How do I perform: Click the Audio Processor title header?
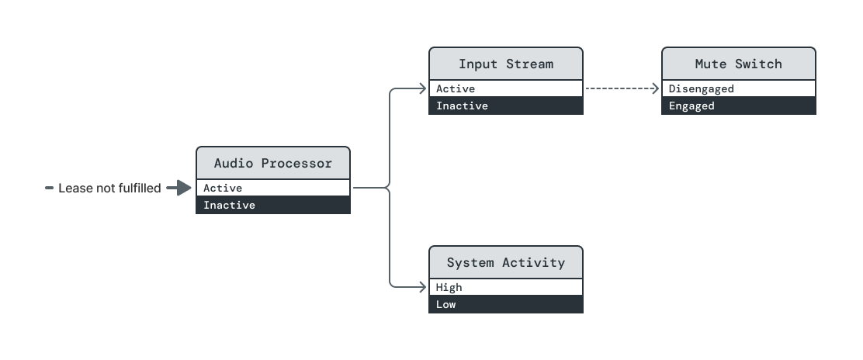tap(272, 163)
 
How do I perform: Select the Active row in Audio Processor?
tap(272, 188)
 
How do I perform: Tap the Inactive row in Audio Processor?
tap(272, 206)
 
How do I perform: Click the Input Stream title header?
tap(505, 64)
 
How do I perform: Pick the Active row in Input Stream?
tap(505, 88)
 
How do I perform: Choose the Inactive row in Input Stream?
tap(505, 106)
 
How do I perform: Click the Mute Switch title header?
tap(738, 64)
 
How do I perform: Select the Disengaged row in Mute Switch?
tap(738, 88)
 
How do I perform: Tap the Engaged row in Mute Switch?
tap(738, 106)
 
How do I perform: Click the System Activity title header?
tap(505, 262)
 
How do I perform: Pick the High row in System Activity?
tap(505, 287)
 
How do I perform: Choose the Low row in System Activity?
tap(505, 305)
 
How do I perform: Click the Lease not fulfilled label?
tap(109, 188)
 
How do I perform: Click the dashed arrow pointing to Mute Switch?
tap(621, 88)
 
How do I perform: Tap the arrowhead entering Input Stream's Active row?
tap(423, 88)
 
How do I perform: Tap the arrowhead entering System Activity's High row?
tap(423, 287)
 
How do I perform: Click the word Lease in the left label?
tap(75, 188)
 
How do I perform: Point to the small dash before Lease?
tap(49, 188)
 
